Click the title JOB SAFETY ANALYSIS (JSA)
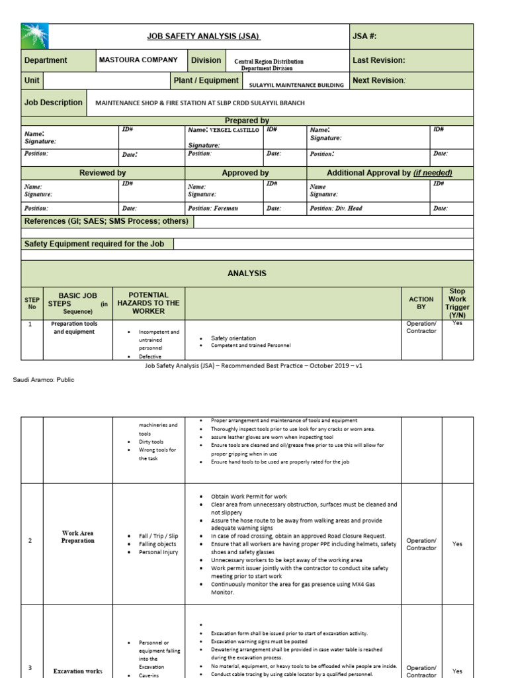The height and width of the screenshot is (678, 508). tap(203, 36)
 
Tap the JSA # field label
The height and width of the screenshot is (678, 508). tap(364, 36)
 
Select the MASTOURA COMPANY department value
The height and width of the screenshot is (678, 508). tap(138, 60)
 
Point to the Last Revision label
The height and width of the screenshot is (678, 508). tap(378, 60)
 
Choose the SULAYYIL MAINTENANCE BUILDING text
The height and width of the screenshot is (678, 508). tap(296, 85)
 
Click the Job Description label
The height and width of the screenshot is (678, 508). tap(54, 103)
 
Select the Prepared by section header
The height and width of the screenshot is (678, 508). tap(247, 121)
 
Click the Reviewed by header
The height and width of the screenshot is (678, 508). tap(103, 173)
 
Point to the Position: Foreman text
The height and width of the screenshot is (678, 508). tap(213, 208)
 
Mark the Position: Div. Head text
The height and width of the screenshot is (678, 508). tap(337, 208)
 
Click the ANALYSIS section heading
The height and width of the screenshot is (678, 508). tap(247, 273)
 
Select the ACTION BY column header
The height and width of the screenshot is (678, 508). tap(421, 303)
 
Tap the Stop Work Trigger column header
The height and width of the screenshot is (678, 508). tap(457, 303)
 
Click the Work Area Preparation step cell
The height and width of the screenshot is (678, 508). tap(78, 537)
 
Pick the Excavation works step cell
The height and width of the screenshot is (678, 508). tap(78, 671)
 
